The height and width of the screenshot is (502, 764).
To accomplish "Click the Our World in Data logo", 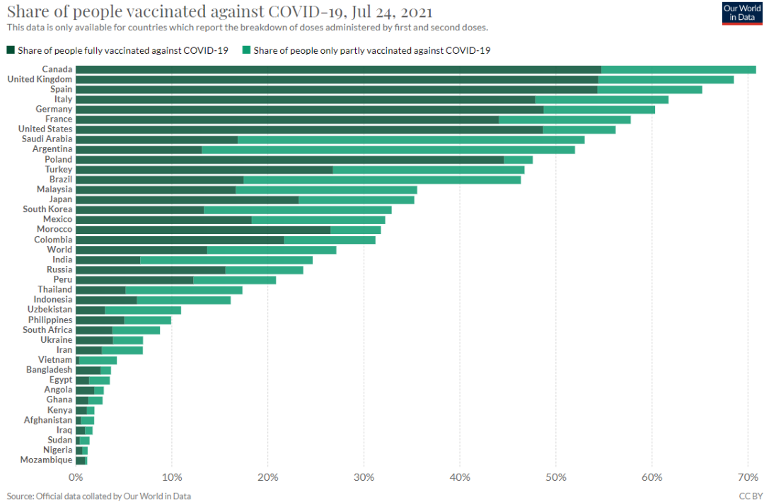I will [742, 13].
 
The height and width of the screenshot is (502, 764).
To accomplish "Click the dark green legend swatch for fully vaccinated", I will [11, 50].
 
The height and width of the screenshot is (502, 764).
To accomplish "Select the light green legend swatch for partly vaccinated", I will [246, 50].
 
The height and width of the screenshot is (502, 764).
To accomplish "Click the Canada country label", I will [57, 69].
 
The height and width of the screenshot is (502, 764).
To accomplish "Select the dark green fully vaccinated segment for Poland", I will [289, 160].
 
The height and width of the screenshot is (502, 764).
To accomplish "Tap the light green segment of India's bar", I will [226, 259].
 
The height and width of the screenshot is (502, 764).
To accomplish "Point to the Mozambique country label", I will [47, 460].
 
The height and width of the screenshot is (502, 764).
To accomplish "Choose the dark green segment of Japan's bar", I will [187, 200].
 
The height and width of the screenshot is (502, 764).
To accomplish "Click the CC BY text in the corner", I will [751, 496].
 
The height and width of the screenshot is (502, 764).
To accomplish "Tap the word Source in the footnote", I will [21, 496].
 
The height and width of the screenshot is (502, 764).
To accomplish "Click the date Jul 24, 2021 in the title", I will [388, 12].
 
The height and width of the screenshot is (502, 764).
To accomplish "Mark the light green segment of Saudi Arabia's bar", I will [411, 140].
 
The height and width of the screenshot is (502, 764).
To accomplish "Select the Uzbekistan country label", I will [50, 310].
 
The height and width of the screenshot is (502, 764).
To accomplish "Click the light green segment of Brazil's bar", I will [382, 180].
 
